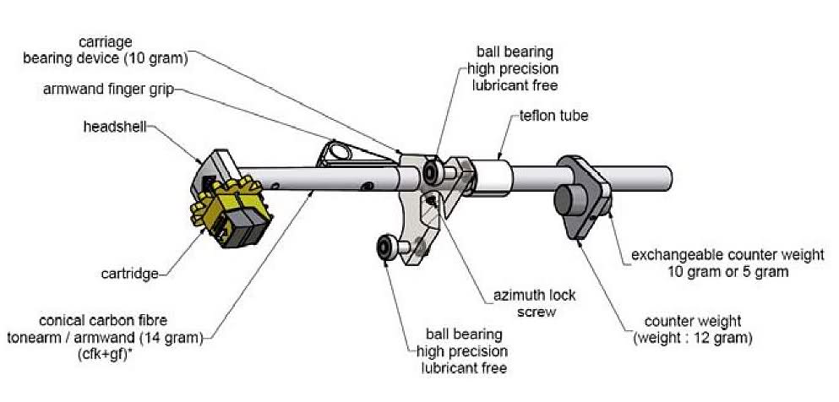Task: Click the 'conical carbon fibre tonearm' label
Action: point(120,330)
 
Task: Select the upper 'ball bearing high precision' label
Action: point(511,68)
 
